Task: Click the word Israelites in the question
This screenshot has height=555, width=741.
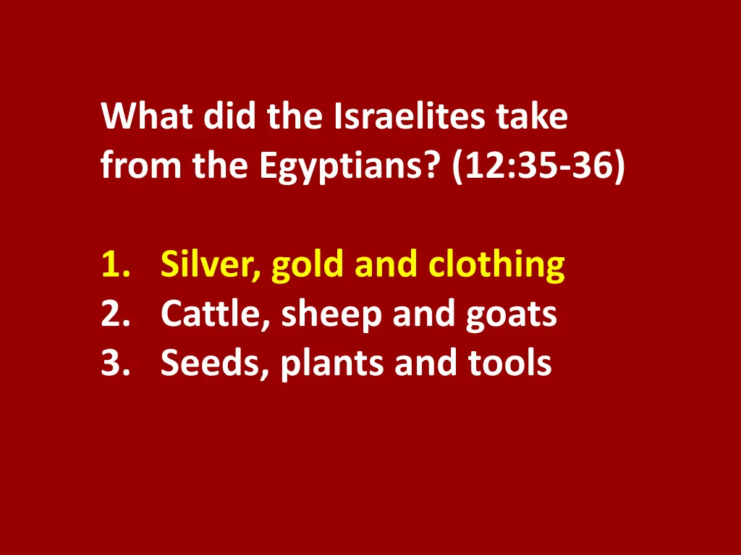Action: [x=410, y=117]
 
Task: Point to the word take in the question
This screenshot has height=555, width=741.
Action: [x=532, y=117]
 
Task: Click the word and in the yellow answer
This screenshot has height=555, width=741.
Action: [x=388, y=265]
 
